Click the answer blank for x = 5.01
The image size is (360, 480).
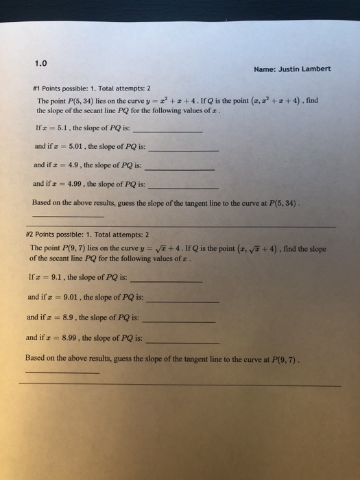point(183,149)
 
